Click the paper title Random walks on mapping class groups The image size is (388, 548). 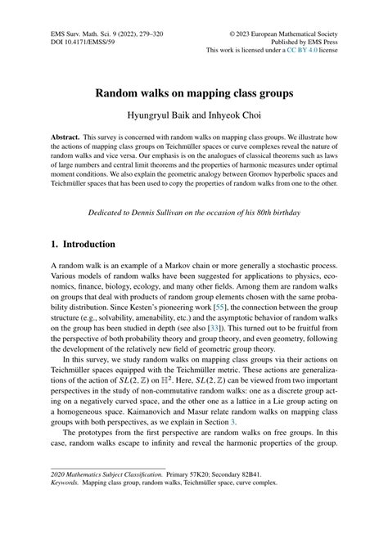(194, 93)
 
